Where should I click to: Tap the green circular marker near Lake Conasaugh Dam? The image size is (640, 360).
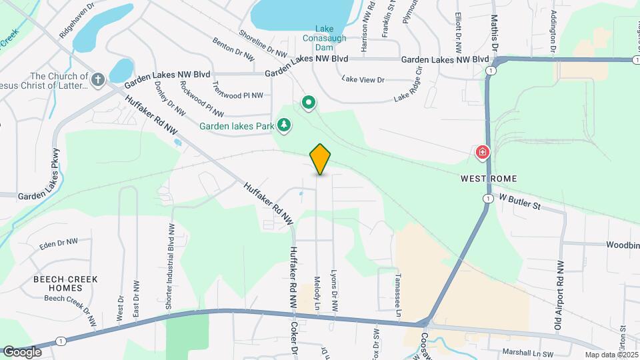[x=309, y=103]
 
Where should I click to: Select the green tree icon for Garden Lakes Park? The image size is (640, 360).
[x=285, y=125]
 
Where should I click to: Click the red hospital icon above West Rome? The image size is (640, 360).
[x=481, y=153]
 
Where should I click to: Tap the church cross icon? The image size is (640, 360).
[x=98, y=81]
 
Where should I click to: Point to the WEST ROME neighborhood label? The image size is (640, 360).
[x=489, y=179]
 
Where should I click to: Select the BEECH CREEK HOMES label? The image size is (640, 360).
[x=66, y=283]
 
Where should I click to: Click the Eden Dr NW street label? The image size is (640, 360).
[x=59, y=243]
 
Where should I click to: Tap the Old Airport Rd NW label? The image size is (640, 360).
[x=559, y=287]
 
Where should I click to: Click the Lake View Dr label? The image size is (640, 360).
[x=363, y=79]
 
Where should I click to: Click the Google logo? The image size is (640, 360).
[x=22, y=351]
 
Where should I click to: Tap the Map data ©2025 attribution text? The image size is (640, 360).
[x=611, y=355]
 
